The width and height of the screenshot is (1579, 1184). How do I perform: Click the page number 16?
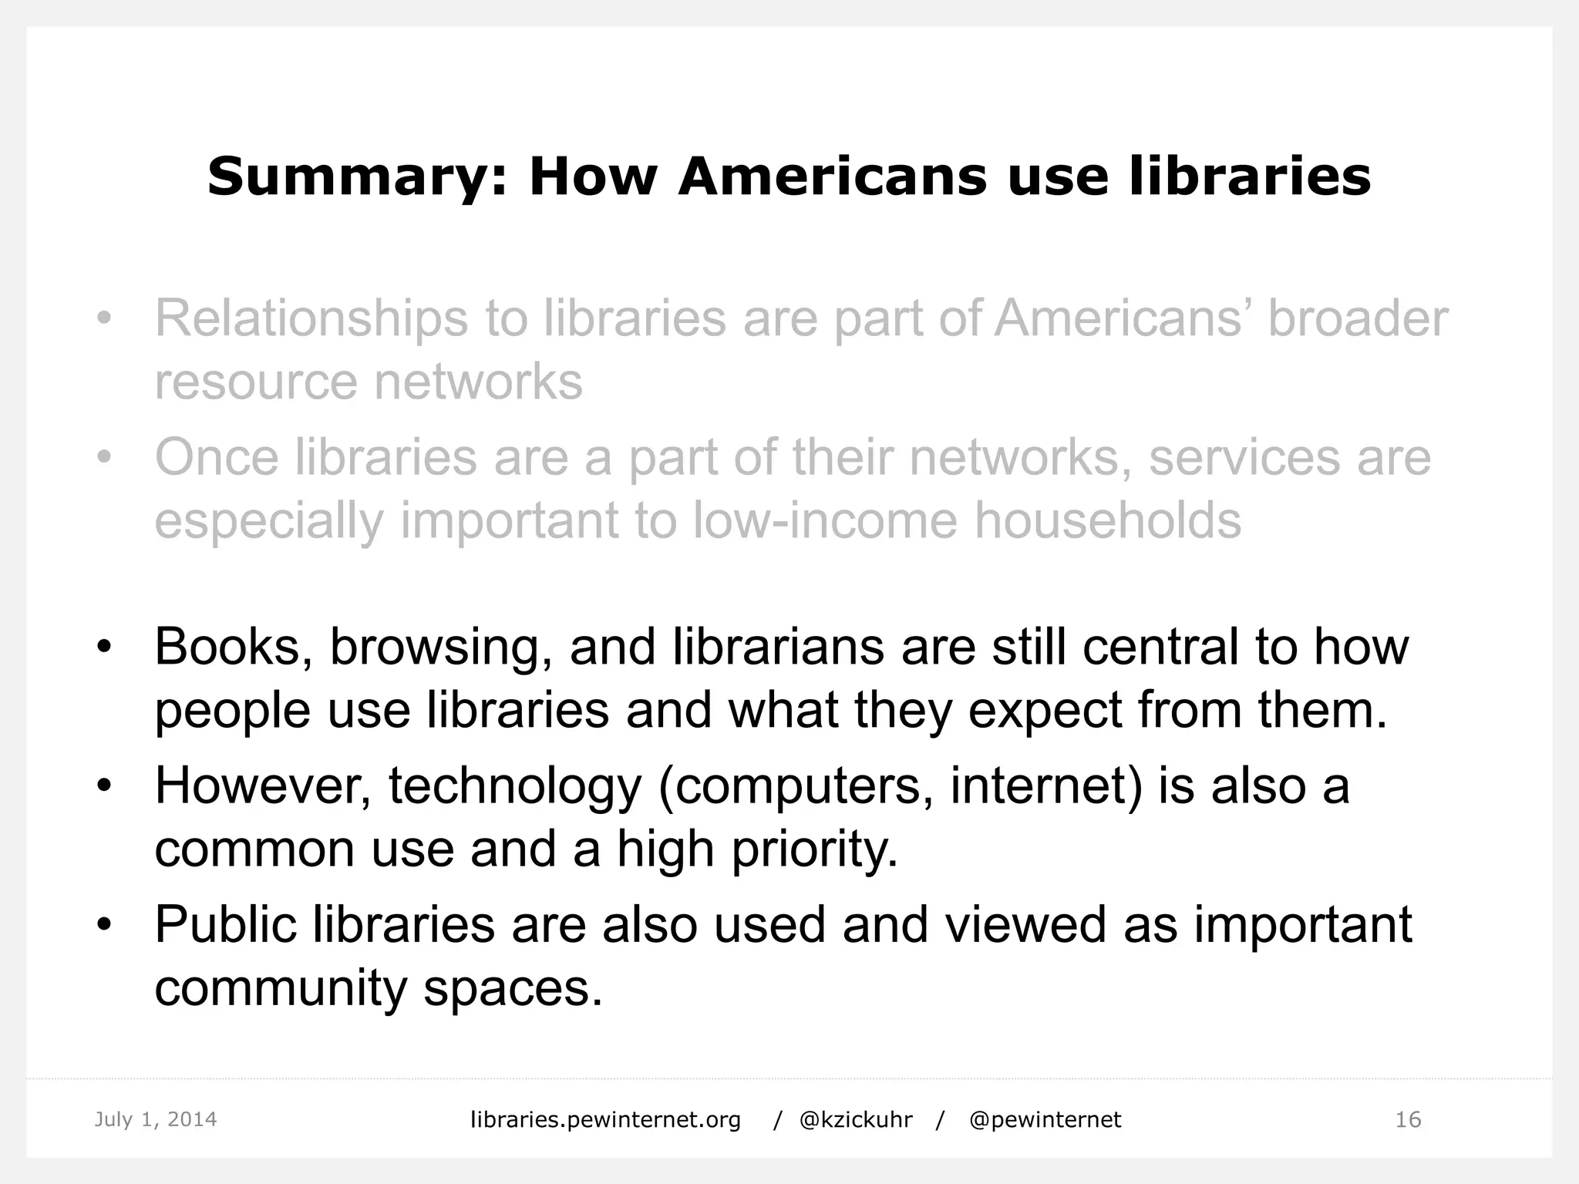1408,1119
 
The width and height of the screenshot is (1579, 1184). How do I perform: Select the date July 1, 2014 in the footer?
156,1119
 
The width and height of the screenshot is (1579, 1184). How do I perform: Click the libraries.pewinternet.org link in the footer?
605,1119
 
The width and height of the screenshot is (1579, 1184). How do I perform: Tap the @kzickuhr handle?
856,1119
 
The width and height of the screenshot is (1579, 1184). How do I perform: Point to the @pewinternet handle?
1045,1119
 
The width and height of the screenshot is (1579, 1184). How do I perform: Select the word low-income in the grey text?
826,520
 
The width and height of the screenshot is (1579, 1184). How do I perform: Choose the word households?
1107,520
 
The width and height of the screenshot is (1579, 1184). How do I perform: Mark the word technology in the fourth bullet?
515,787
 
